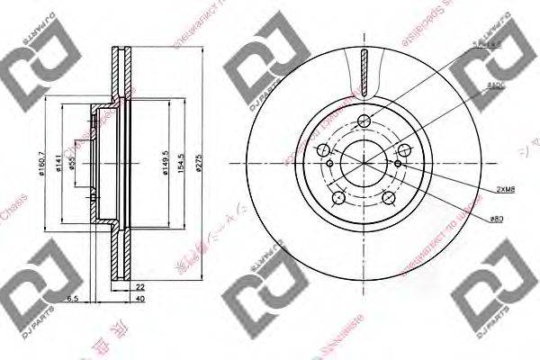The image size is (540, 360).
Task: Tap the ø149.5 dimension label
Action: [163, 164]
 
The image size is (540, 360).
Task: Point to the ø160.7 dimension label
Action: [44, 164]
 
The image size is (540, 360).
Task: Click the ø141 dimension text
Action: [58, 164]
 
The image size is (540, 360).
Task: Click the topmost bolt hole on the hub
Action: [364, 122]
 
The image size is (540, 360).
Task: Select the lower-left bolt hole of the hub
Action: [338, 199]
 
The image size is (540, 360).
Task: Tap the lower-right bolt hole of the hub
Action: [389, 199]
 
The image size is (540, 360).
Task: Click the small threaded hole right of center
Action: [398, 165]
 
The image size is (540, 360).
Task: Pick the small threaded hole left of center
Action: [330, 165]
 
